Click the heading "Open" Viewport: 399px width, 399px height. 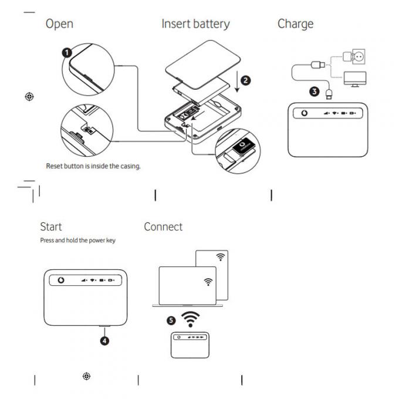[59, 24]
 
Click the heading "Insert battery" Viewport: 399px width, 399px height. [195, 24]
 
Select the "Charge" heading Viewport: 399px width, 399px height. [295, 24]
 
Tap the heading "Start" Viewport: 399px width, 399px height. [50, 226]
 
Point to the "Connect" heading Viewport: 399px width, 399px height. [163, 226]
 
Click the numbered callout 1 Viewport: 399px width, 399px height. [67, 52]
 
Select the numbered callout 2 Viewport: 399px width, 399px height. [246, 80]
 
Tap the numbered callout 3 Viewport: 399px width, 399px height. [315, 92]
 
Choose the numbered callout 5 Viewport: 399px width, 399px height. [170, 320]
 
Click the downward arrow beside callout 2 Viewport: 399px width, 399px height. [236, 80]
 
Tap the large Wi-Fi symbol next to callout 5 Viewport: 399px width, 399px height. [189, 319]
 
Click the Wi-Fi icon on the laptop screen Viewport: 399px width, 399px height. [208, 282]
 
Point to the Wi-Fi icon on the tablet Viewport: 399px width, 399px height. [220, 257]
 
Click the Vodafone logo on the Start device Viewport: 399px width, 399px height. [59, 280]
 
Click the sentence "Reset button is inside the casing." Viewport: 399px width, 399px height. [93, 166]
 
